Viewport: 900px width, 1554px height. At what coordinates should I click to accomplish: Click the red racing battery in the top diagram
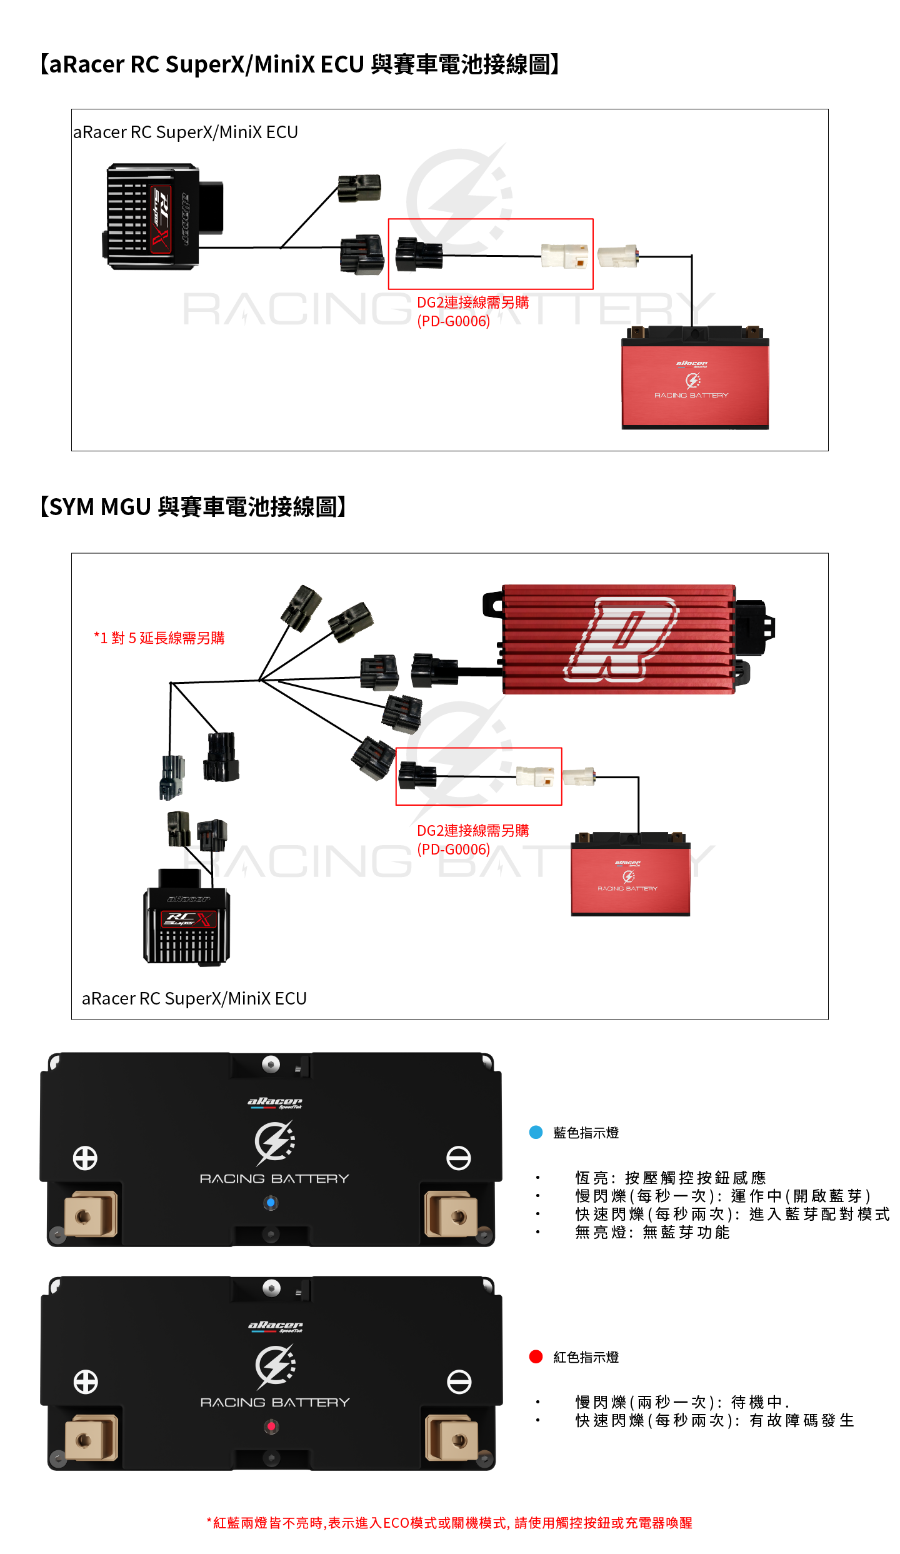pos(695,381)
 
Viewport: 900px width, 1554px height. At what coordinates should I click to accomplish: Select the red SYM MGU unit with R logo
pos(619,639)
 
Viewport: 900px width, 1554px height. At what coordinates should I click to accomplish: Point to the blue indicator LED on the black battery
pos(271,1202)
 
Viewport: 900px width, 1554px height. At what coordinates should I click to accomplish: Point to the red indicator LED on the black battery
pos(271,1426)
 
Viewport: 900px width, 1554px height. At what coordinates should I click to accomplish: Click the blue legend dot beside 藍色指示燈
pos(536,1132)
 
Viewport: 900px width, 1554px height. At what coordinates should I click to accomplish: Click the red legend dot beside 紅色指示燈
pos(536,1356)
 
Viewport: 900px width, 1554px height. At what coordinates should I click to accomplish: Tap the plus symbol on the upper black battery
pos(85,1158)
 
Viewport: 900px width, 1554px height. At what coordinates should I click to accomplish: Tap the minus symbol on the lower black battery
pos(459,1381)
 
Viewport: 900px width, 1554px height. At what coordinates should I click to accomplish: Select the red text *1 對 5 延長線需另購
pos(159,638)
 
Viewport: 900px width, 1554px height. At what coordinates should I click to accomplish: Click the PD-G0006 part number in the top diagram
pos(453,321)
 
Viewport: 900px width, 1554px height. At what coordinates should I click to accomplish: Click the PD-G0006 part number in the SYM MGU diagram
pos(453,850)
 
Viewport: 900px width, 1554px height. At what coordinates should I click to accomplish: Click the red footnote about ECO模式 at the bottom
pos(449,1523)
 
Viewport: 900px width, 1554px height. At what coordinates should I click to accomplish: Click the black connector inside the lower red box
pos(417,776)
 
